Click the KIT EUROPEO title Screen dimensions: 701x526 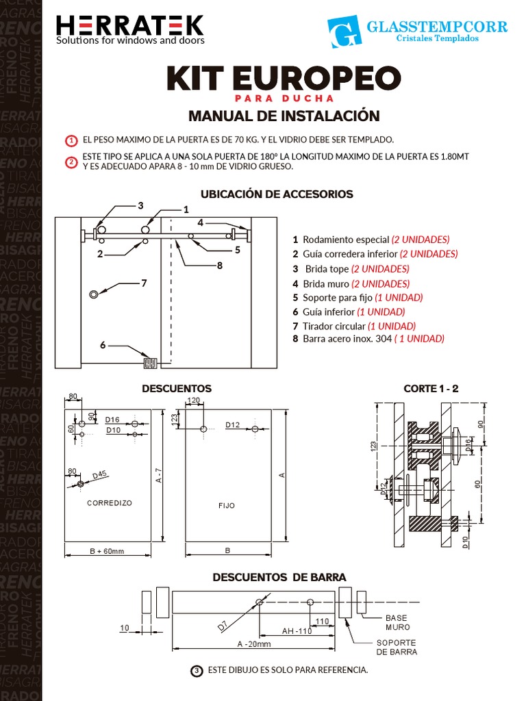[x=283, y=79]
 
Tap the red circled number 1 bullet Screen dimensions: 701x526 [x=71, y=140]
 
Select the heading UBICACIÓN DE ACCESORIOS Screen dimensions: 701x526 [x=277, y=194]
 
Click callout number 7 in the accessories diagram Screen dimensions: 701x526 [x=144, y=283]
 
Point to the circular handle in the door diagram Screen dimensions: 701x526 [x=94, y=294]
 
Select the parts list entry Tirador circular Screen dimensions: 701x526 [x=334, y=326]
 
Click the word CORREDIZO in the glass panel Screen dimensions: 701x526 [x=110, y=502]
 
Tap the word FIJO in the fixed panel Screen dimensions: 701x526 [x=227, y=506]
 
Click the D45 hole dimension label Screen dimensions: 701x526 [x=99, y=475]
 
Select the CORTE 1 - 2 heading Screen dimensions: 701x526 [x=431, y=388]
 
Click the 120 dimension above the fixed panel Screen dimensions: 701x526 [x=193, y=400]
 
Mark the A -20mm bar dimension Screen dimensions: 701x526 [x=254, y=644]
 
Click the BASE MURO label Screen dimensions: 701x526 [x=397, y=622]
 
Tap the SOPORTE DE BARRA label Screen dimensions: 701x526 [x=397, y=647]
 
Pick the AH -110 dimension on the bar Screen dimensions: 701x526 [x=297, y=631]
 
